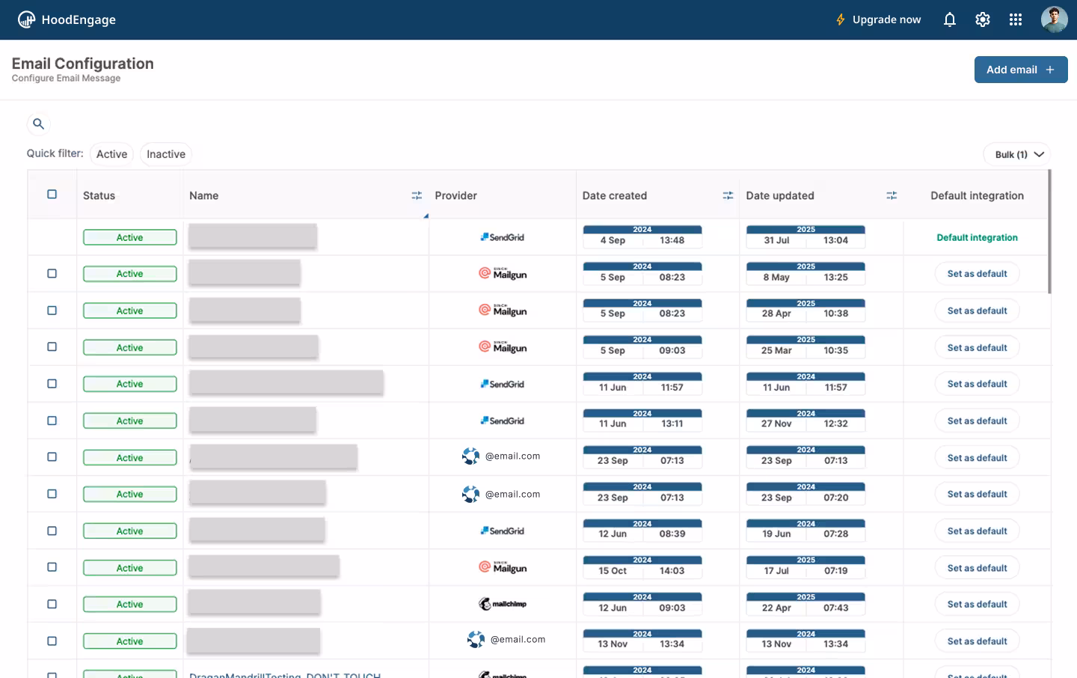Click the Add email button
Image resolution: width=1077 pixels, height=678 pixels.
pos(1020,70)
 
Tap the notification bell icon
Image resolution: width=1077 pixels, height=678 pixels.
pos(949,19)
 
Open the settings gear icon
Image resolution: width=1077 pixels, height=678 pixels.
pos(983,19)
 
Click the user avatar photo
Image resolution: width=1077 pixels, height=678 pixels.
pos(1054,19)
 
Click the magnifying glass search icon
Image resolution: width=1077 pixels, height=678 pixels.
pos(38,124)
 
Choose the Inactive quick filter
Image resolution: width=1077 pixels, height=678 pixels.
pos(165,154)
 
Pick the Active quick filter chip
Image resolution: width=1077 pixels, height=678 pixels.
pos(111,154)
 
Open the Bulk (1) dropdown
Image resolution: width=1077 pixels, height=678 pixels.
pos(1017,154)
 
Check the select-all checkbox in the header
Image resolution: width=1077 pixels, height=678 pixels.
pos(52,195)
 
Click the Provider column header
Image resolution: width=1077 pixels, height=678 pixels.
pos(455,195)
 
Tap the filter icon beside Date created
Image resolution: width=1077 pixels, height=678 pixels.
pos(728,195)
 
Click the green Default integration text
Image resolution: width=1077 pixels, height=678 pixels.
pos(977,237)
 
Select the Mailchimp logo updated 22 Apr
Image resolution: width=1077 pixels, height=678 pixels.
pos(503,604)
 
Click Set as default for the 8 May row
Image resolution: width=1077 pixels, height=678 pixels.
pos(977,274)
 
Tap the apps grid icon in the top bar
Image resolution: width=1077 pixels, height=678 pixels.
pos(1015,19)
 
